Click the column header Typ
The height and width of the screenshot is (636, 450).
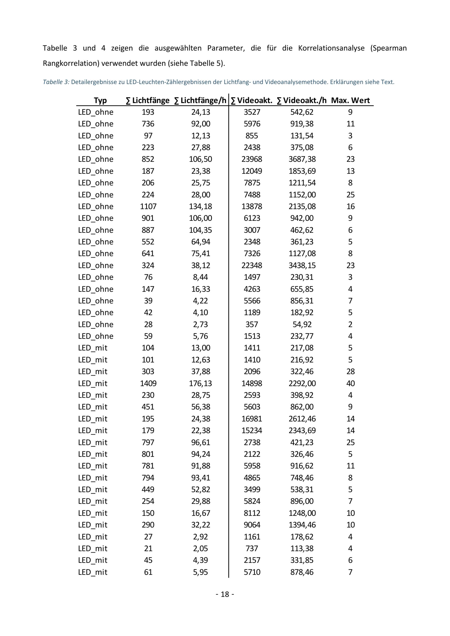[x=100, y=100]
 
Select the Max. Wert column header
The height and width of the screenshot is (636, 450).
[x=350, y=100]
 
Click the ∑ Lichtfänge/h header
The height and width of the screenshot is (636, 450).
[x=200, y=100]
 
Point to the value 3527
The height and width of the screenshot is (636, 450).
[x=252, y=112]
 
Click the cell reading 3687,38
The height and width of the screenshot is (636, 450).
[x=302, y=159]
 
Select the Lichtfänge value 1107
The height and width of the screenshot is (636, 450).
[x=148, y=206]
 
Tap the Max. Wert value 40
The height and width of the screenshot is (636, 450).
[x=350, y=383]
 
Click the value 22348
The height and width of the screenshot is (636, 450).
[x=252, y=265]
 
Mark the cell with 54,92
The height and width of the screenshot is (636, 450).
[x=302, y=324]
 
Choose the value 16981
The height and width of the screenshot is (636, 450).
[x=252, y=419]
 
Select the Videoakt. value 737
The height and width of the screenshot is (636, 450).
[x=252, y=549]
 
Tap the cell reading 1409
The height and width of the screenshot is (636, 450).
[x=148, y=383]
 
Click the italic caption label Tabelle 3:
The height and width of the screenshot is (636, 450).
[x=56, y=82]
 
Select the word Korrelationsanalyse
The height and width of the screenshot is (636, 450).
[x=331, y=48]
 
